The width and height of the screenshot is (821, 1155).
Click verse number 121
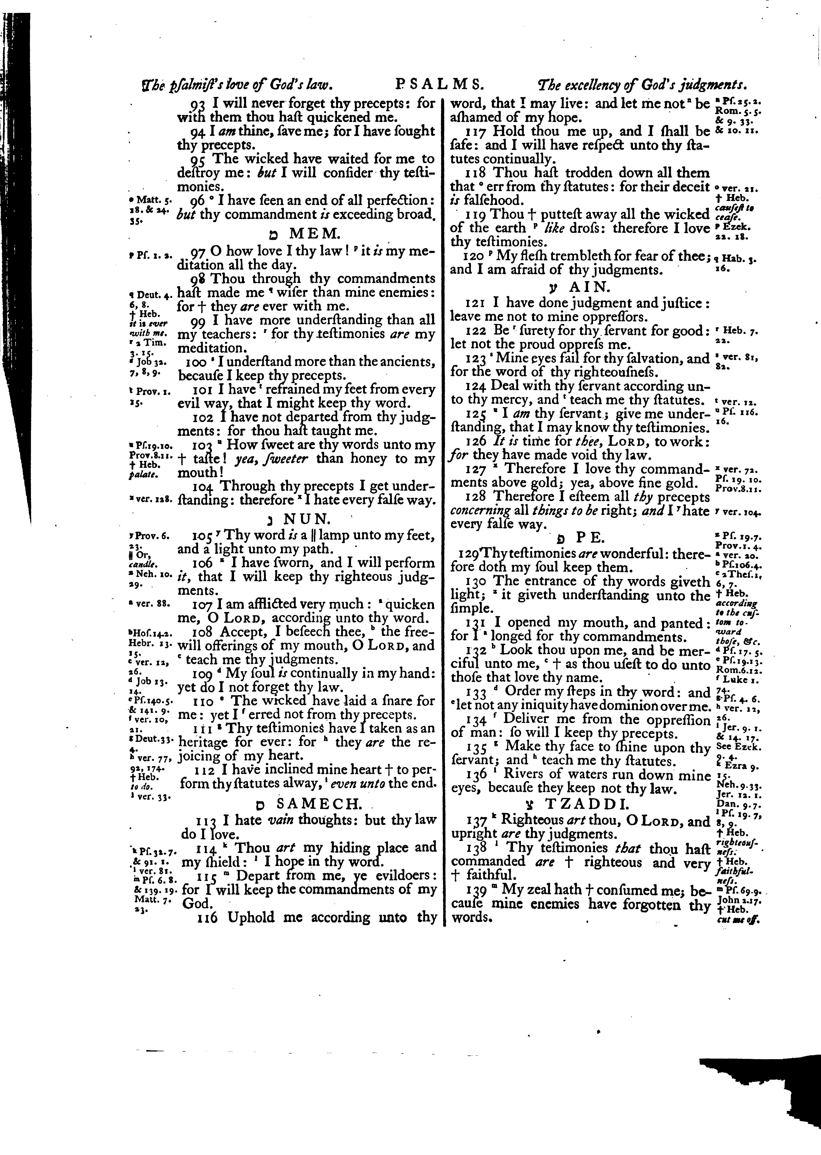point(475,303)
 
